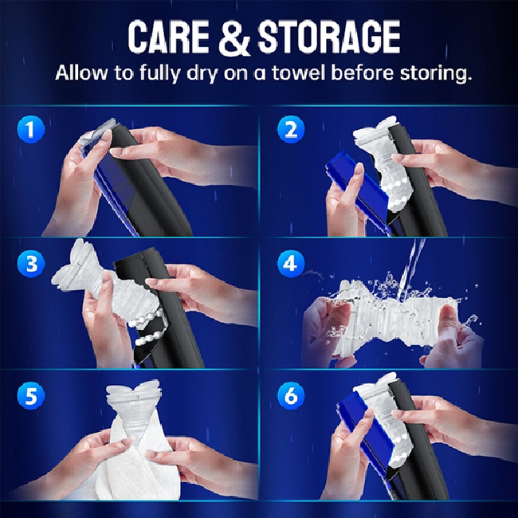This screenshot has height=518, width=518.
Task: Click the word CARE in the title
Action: (168, 37)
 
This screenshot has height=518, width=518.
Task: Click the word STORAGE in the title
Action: (328, 37)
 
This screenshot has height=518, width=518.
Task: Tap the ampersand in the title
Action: (234, 37)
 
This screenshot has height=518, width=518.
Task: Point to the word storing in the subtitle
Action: (435, 73)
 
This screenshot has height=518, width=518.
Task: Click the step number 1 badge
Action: (31, 129)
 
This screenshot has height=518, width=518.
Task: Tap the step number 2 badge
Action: (291, 129)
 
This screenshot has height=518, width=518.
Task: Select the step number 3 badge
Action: (31, 264)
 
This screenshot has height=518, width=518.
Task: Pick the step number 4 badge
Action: (291, 264)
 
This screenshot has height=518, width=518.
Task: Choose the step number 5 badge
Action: (31, 396)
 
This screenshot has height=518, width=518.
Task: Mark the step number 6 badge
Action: (291, 396)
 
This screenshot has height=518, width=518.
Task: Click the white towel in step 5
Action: (139, 466)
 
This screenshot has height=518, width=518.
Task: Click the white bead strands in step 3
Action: (149, 327)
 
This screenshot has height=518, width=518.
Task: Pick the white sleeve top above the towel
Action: (134, 400)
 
